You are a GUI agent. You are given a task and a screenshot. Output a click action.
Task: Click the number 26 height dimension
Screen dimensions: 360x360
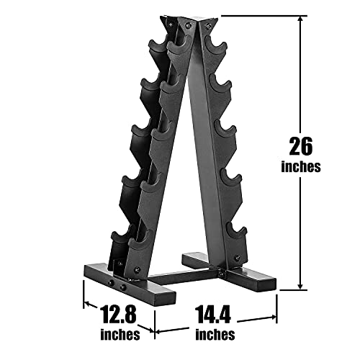tap(301, 146)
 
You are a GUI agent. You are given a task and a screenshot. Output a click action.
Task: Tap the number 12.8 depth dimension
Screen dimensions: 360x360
tap(118, 314)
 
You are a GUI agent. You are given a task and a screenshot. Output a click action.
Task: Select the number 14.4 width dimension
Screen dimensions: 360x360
tap(212, 314)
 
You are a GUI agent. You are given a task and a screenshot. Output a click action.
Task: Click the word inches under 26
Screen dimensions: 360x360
tap(301, 166)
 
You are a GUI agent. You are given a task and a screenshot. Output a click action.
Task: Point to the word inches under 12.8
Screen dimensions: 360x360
tap(120, 334)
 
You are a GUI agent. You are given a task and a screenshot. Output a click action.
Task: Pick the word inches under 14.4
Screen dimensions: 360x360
tap(215, 334)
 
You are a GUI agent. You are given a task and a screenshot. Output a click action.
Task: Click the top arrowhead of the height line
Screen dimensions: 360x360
tap(300, 19)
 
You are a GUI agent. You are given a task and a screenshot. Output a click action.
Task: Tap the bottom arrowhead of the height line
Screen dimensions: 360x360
tap(300, 286)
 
